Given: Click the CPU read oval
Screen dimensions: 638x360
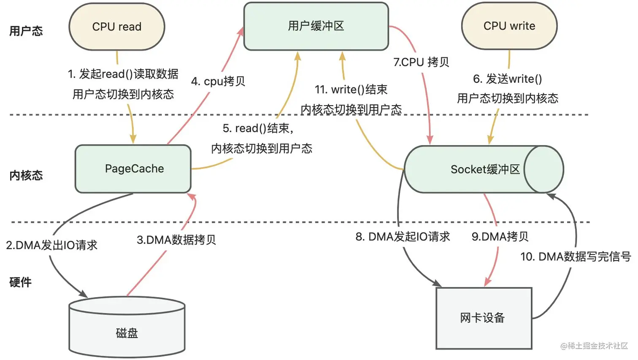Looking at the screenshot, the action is (x=117, y=27).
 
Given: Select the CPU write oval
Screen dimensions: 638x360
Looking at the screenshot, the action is (x=509, y=26).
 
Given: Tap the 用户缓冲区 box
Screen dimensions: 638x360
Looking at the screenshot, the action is (x=316, y=26).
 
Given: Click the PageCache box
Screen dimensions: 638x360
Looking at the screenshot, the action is (x=133, y=169).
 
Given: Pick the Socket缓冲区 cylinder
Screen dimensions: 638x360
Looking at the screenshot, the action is (x=484, y=170).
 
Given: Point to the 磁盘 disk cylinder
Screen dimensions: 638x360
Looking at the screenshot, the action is (x=127, y=327).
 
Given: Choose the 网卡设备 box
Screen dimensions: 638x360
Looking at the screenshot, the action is (x=484, y=318).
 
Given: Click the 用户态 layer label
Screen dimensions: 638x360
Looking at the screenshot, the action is (x=26, y=31).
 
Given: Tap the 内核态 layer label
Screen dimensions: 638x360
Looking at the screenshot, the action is (x=26, y=176).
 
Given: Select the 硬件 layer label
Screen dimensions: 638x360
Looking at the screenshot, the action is (x=20, y=282).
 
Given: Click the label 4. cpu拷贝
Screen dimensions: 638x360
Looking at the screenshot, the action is (x=218, y=81).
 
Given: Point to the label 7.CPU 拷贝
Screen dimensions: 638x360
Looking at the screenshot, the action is (x=421, y=62).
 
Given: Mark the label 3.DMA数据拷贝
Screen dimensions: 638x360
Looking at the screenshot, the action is (x=176, y=240).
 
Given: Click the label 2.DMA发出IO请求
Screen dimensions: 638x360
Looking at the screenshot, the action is (x=52, y=245).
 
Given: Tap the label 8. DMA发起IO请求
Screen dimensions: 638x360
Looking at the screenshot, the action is (x=403, y=237).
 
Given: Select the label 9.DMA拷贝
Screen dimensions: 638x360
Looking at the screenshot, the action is (x=500, y=237).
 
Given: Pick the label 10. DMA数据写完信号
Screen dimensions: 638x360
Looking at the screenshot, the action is (x=576, y=257).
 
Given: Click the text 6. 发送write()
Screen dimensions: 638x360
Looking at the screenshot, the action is (x=508, y=79).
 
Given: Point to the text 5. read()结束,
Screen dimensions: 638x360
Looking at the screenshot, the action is (x=258, y=128).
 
